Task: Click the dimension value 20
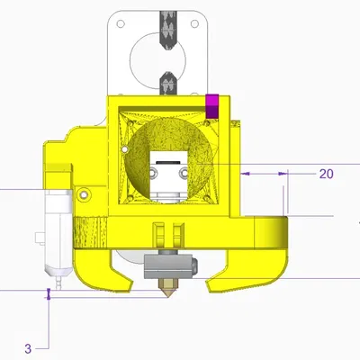point(327,174)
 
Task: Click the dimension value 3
point(28,348)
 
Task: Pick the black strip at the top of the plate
point(166,27)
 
